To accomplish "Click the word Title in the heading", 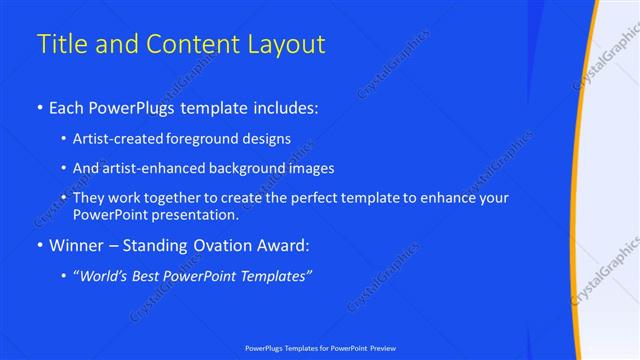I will [x=60, y=44].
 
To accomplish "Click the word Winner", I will [x=77, y=245].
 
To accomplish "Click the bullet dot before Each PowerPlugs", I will [x=39, y=106].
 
